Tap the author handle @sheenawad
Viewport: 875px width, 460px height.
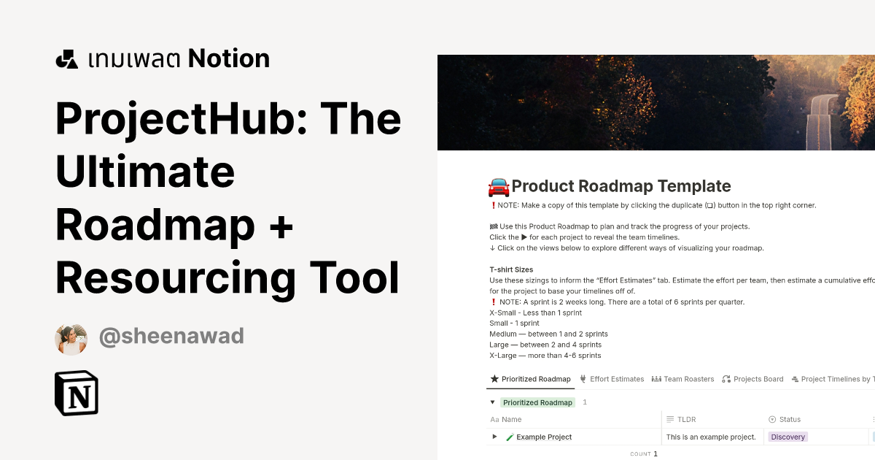[171, 337]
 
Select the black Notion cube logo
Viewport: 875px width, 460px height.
[77, 393]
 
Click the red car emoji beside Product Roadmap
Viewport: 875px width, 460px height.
[499, 187]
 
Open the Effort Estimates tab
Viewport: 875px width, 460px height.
[612, 379]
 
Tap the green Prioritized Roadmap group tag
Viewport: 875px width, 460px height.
[537, 402]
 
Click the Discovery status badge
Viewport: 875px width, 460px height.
[787, 437]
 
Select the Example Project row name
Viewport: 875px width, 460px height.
[543, 437]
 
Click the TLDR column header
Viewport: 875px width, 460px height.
[686, 419]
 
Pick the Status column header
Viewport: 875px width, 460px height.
[790, 419]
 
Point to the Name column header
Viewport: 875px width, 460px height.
[511, 419]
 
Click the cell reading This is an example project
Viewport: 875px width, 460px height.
[711, 437]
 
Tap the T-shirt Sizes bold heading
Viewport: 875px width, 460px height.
[511, 269]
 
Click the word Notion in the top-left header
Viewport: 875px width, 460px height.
[229, 59]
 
